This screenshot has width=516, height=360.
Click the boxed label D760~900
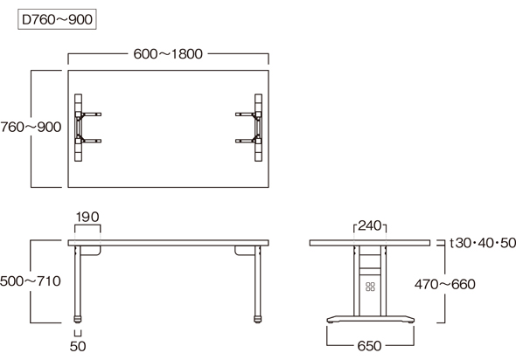click(57, 19)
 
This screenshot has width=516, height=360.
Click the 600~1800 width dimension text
click(168, 54)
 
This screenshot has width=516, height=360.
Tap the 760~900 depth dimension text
click(31, 128)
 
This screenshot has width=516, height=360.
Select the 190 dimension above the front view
click(87, 217)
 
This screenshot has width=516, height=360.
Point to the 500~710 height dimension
click(31, 281)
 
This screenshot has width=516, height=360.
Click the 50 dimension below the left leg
click(78, 346)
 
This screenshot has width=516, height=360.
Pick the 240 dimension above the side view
click(370, 225)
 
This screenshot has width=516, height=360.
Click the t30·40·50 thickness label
click(483, 243)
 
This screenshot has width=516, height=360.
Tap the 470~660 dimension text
click(445, 284)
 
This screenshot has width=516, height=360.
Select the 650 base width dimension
click(370, 346)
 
